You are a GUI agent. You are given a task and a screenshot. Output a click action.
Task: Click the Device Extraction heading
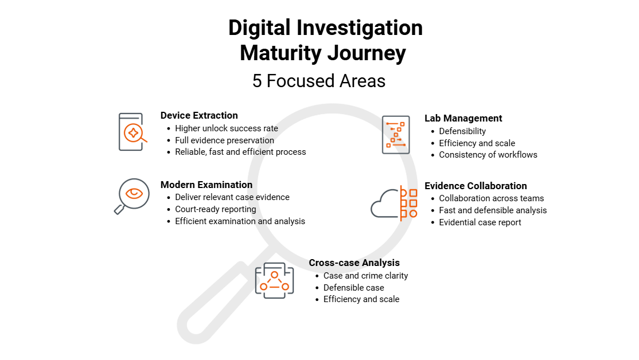pos(199,115)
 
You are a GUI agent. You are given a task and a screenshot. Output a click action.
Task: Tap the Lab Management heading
pos(463,118)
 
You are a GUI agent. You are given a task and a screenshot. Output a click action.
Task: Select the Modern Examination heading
pos(206,185)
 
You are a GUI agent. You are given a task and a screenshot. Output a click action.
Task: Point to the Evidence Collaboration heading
pos(476,186)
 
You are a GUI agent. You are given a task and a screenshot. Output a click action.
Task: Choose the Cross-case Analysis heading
pos(354,263)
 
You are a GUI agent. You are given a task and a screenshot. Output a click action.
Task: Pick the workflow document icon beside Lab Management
pos(396,135)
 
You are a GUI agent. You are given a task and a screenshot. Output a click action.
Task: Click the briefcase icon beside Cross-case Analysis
pos(274,280)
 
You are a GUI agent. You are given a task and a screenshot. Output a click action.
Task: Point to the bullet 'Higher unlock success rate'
pos(226,128)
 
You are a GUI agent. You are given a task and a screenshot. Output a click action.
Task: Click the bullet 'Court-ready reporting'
pos(215,209)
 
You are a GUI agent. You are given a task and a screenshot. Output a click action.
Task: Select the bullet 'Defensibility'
pos(462,131)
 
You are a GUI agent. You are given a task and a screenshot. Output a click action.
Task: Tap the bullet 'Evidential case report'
pos(480,222)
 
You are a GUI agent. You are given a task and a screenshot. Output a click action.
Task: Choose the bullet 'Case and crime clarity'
pos(365,276)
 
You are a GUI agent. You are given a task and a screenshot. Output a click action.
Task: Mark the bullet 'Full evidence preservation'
pos(224,140)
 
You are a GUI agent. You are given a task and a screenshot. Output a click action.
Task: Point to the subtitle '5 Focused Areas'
pos(319,81)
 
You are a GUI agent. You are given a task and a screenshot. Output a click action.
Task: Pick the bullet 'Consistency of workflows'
pos(488,155)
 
